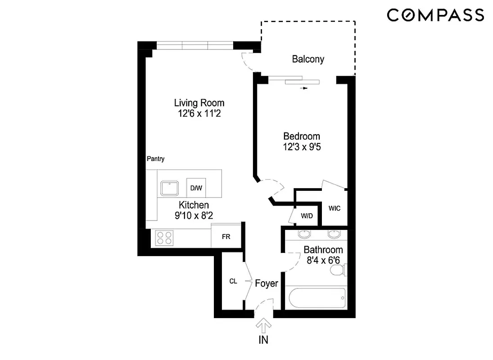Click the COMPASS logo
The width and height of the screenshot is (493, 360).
click(x=435, y=15)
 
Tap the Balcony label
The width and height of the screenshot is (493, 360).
click(x=308, y=59)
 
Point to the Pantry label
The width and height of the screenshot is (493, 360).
click(x=156, y=159)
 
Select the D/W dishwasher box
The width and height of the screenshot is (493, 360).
click(x=196, y=188)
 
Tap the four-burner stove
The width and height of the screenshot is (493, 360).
click(x=165, y=238)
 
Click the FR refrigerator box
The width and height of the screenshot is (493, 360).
click(x=226, y=237)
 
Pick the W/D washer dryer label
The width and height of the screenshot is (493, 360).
click(x=307, y=216)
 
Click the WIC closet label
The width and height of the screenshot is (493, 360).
click(x=335, y=208)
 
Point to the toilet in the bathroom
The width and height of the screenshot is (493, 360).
click(x=338, y=270)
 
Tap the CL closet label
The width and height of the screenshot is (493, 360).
click(x=233, y=282)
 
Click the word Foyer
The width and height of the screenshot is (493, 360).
click(x=267, y=283)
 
